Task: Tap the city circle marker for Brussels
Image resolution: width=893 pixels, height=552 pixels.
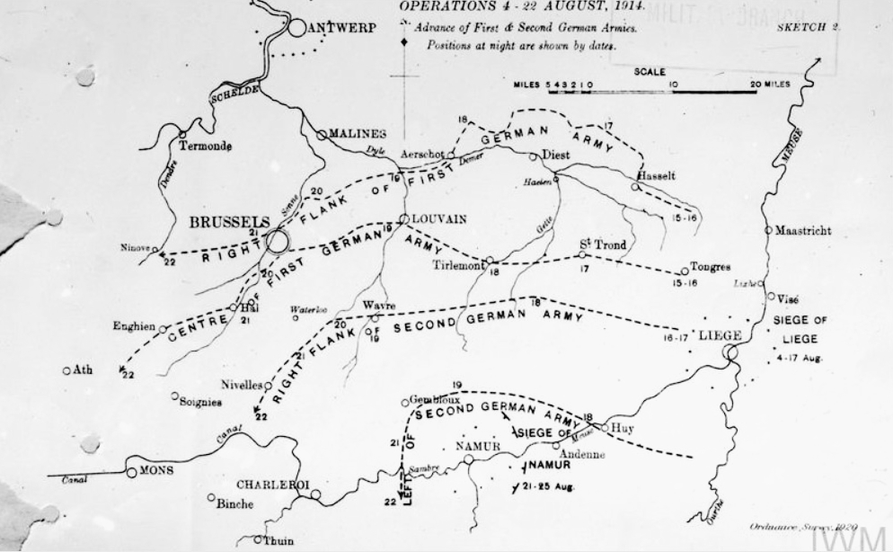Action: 277,241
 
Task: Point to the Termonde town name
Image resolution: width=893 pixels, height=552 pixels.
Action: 205,146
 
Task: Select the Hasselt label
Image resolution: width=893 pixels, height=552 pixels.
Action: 655,174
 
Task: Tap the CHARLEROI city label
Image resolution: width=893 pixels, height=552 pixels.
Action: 271,483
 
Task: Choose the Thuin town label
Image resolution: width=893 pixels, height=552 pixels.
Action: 279,541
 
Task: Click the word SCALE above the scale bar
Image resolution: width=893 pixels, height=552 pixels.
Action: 649,72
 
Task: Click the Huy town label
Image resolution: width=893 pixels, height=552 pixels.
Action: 622,428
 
